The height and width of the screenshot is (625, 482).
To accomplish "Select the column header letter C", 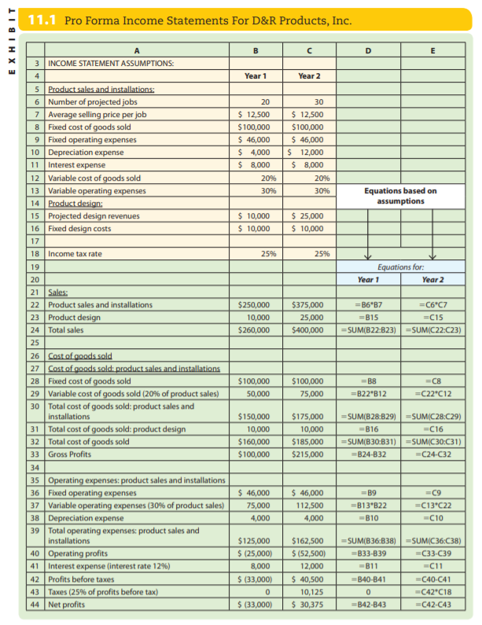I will (313, 49).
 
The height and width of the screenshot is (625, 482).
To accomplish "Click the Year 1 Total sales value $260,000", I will (253, 329).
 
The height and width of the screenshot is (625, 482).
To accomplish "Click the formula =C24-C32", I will (431, 454).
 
